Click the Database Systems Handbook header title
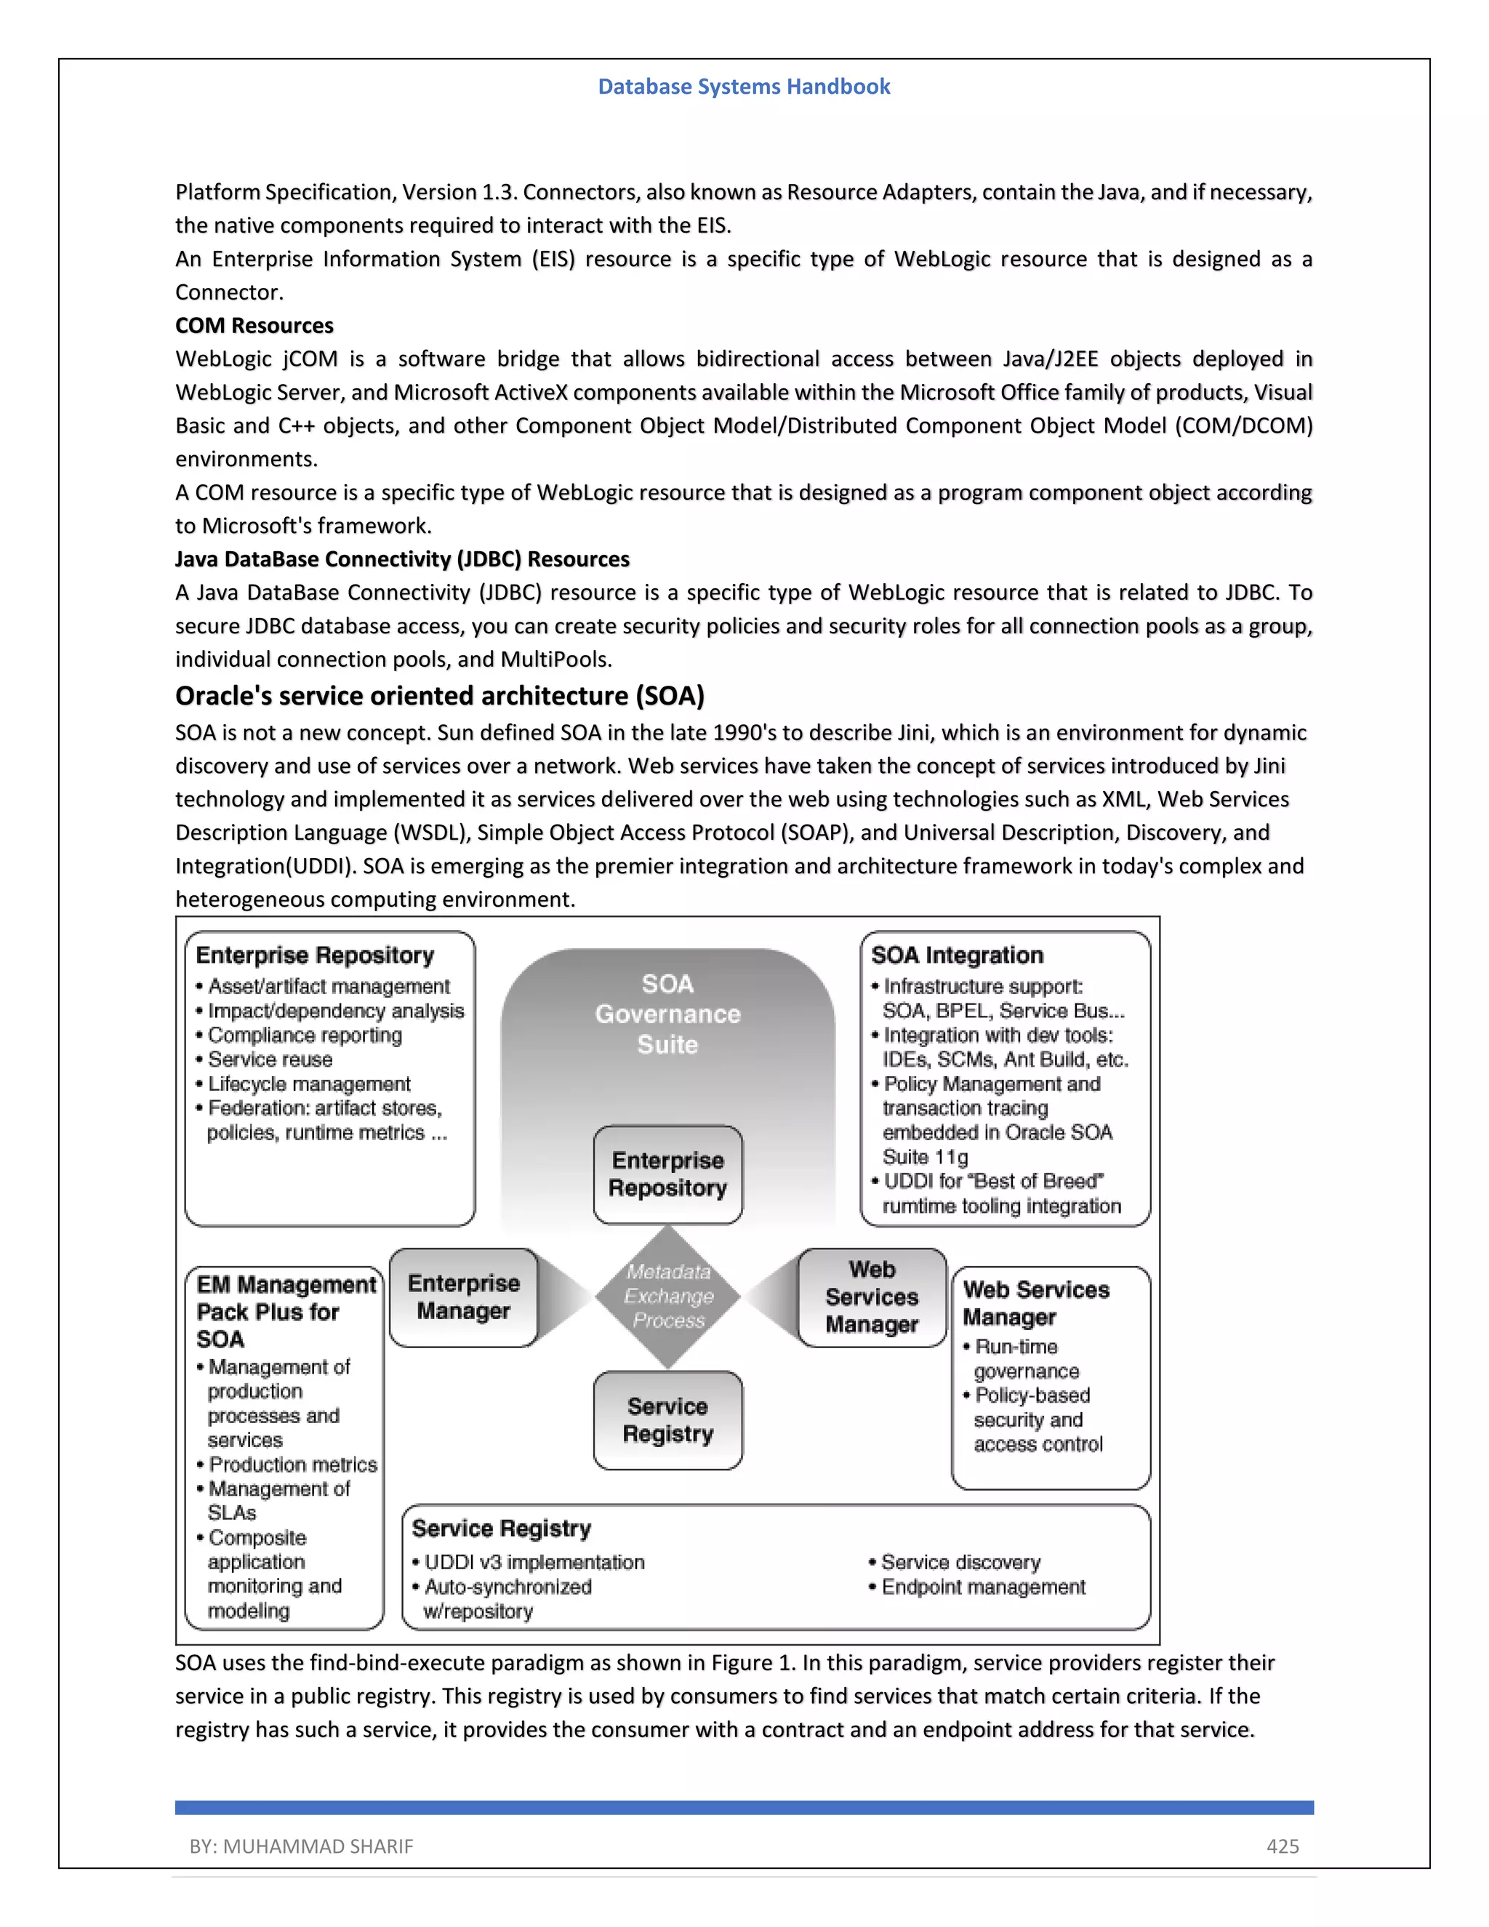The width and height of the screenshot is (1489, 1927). tap(744, 87)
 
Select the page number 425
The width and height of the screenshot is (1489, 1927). tap(1282, 1846)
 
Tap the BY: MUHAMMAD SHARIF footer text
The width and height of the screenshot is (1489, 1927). tap(301, 1846)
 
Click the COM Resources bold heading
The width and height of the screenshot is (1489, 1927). tap(254, 326)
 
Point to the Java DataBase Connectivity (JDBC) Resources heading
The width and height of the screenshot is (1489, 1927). tap(402, 559)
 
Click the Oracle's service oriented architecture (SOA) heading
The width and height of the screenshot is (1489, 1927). tap(439, 696)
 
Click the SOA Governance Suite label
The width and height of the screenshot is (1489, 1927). tap(667, 1014)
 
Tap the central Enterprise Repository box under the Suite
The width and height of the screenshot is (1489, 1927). tap(667, 1174)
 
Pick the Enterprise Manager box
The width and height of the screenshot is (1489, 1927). tap(463, 1297)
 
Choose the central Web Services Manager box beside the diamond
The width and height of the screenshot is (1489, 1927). tap(872, 1297)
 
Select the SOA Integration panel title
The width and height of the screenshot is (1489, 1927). tap(957, 955)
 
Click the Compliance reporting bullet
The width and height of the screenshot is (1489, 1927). tap(305, 1035)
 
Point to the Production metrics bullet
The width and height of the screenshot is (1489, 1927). tap(292, 1465)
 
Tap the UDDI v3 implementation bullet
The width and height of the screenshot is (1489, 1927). tap(534, 1563)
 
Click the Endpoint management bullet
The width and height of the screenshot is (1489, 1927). tap(983, 1587)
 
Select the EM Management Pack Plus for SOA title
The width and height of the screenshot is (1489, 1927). tap(285, 1312)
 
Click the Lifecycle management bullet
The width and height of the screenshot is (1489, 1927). tap(309, 1083)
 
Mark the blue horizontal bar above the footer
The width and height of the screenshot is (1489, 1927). tap(744, 1807)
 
